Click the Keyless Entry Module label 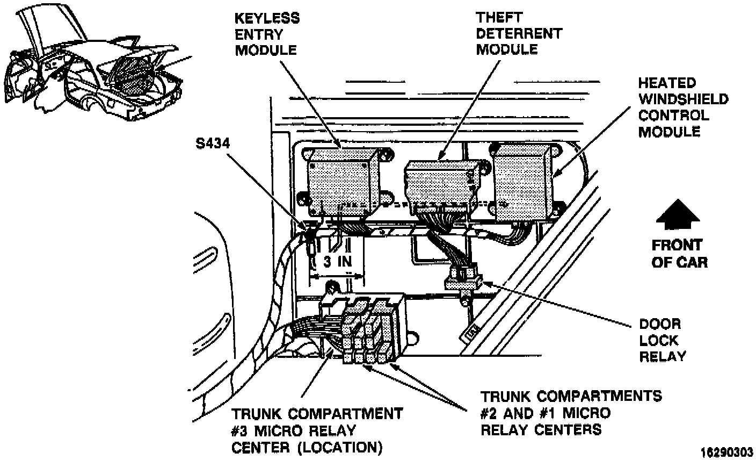click(x=267, y=34)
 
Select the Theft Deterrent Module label click(x=518, y=33)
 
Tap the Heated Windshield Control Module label click(x=682, y=107)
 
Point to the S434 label click(x=212, y=146)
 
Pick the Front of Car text click(x=679, y=254)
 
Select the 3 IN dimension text click(x=338, y=263)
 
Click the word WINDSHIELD click(x=683, y=99)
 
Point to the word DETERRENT click(x=518, y=33)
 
